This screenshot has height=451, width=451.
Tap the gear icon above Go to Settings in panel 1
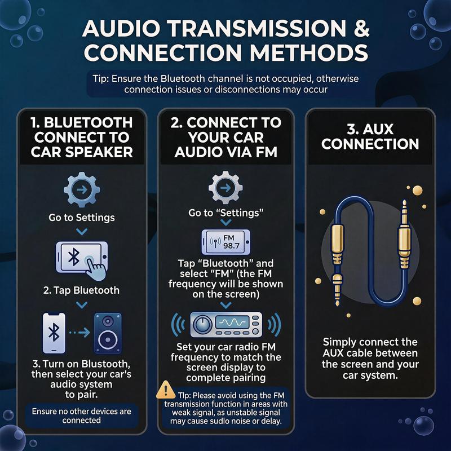(x=82, y=189)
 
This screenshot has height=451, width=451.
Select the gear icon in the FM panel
(x=225, y=188)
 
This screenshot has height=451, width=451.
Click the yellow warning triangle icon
(x=165, y=390)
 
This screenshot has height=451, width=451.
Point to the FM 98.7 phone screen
(x=226, y=242)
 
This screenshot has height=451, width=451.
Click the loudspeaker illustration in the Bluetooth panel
(x=108, y=333)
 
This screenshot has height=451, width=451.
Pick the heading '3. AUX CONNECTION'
(x=370, y=136)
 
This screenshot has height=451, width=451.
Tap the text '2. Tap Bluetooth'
(x=81, y=290)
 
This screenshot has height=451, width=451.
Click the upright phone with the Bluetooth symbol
(x=54, y=333)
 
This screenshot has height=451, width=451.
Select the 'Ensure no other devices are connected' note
(x=82, y=415)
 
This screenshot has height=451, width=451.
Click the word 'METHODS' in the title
(x=309, y=52)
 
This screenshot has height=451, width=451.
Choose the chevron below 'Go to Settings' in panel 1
(x=82, y=232)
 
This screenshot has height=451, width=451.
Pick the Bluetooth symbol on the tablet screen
(x=74, y=257)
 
